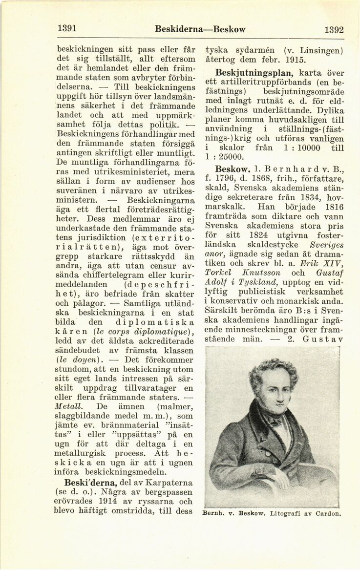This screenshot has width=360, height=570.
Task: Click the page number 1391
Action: [x=67, y=29]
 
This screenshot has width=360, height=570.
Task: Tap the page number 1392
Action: [x=334, y=30]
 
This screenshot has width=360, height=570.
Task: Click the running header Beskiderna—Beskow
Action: [x=200, y=29]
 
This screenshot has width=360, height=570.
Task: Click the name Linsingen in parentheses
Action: [x=321, y=50]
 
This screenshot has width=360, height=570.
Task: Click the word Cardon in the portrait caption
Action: [x=328, y=513]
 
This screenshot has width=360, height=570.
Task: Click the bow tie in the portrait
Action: [x=270, y=420]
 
